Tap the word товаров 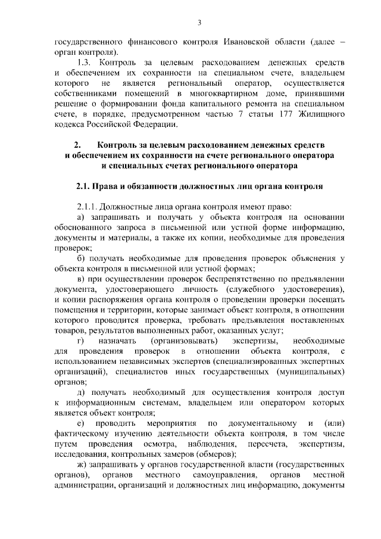pyautogui.click(x=70, y=331)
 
